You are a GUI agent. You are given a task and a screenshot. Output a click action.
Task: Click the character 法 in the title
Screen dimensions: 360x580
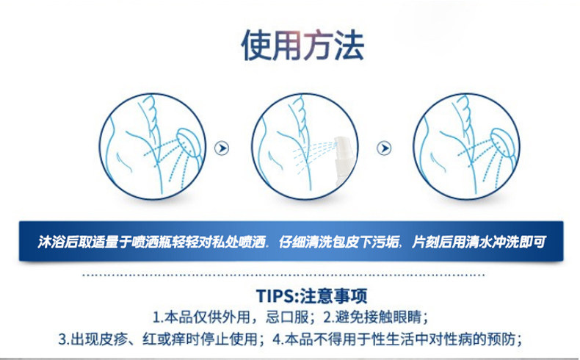tap(347, 46)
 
